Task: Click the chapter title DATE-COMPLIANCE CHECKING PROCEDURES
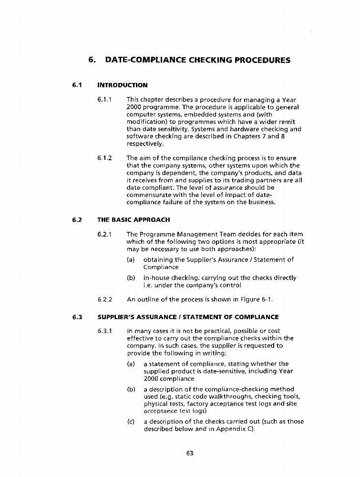[197, 61]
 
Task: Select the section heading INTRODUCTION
[123, 85]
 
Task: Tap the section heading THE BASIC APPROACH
[134, 220]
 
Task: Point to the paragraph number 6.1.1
[105, 100]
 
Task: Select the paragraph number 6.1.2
[105, 158]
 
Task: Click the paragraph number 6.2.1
[105, 234]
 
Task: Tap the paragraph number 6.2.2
[105, 300]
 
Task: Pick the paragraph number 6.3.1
[105, 331]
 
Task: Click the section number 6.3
[78, 317]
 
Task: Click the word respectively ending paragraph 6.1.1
[145, 144]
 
